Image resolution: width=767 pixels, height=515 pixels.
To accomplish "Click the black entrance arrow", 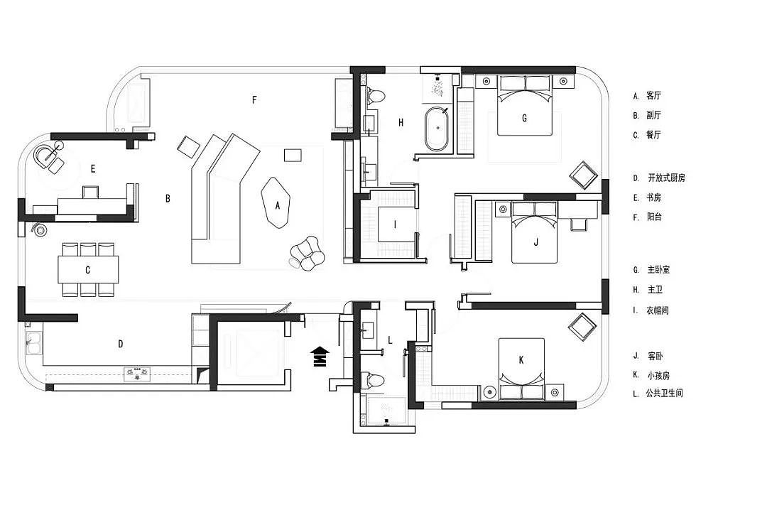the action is (x=320, y=356).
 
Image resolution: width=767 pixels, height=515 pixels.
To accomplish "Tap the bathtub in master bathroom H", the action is (x=436, y=129).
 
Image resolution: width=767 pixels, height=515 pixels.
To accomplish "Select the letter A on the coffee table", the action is (x=278, y=205).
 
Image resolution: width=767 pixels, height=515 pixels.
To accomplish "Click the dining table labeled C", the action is (x=88, y=269).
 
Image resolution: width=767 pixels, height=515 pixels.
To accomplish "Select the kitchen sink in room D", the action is (x=33, y=342).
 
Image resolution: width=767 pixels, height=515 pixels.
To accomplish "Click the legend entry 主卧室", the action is (x=658, y=269).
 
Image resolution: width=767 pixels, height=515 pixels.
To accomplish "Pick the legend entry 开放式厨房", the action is (x=666, y=178).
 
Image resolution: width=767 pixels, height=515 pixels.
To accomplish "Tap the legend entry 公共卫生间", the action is (x=664, y=393).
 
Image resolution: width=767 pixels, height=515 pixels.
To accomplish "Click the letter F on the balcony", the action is (x=254, y=99).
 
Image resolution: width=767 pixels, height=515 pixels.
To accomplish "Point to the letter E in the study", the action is (x=93, y=169).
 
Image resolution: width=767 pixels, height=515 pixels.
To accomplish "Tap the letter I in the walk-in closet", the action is (x=396, y=224).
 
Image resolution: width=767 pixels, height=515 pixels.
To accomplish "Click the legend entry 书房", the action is (x=654, y=197).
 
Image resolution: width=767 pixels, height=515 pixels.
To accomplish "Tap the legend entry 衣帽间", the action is (x=658, y=310).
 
